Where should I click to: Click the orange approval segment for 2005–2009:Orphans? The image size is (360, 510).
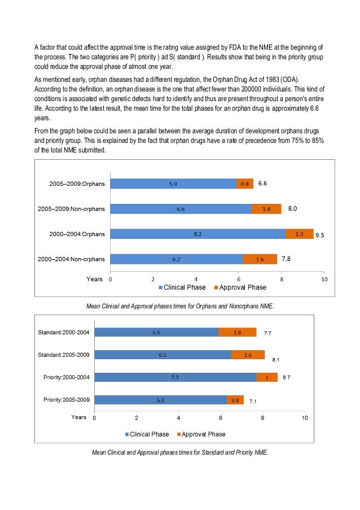pyautogui.click(x=245, y=184)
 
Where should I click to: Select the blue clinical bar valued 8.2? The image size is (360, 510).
pyautogui.click(x=197, y=234)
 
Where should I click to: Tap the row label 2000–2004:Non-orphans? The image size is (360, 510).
pyautogui.click(x=71, y=259)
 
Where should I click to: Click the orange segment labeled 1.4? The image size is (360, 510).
pyautogui.click(x=266, y=209)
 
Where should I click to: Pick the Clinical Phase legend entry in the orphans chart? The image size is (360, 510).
pyautogui.click(x=183, y=287)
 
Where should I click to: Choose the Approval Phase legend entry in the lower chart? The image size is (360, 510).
pyautogui.click(x=201, y=434)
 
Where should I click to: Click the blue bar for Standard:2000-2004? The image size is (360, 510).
pyautogui.click(x=156, y=332)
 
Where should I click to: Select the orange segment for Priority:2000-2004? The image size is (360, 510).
pyautogui.click(x=266, y=377)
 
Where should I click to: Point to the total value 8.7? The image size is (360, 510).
pyautogui.click(x=287, y=377)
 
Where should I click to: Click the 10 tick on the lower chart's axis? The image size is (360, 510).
pyautogui.click(x=305, y=418)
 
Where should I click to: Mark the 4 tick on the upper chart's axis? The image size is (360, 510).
pyautogui.click(x=196, y=279)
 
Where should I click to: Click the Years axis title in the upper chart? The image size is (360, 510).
pyautogui.click(x=94, y=279)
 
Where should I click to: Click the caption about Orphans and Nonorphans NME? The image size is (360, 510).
pyautogui.click(x=179, y=306)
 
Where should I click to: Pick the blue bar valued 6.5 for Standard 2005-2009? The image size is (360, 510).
pyautogui.click(x=163, y=355)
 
